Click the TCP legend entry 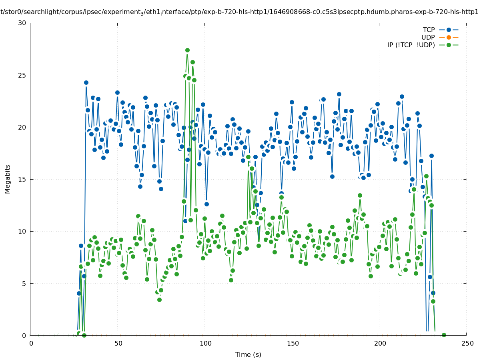pos(429,30)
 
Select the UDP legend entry pos(428,37)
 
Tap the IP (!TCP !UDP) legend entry pos(411,45)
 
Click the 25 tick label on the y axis pos(22,75)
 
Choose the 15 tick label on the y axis pos(22,179)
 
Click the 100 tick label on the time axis pos(206,343)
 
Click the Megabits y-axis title pos(8,179)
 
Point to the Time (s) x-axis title pos(248,354)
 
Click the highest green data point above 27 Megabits pos(187,50)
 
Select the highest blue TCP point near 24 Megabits pos(86,82)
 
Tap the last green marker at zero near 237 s pos(444,335)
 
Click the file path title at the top pos(239,12)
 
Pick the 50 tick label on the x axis pos(118,343)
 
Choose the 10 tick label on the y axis pos(22,231)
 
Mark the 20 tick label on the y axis pos(22,127)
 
